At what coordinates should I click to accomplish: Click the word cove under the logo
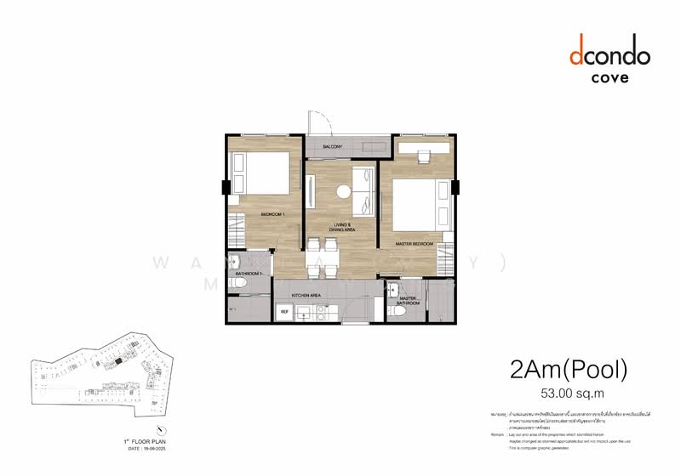point(609,78)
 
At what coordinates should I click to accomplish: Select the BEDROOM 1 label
point(272,215)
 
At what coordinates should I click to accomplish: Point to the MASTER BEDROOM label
point(414,244)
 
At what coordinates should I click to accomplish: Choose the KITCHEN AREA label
point(306,294)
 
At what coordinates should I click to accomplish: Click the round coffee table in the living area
point(343,192)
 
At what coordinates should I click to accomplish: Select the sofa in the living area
point(363,190)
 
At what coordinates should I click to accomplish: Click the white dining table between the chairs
point(323,258)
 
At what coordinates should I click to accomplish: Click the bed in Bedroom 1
point(261,173)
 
